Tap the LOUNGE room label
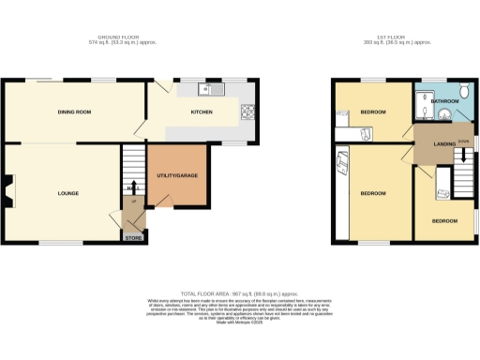(x=67, y=194)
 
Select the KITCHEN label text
(x=202, y=112)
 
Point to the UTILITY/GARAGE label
(x=175, y=175)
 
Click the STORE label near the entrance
(x=133, y=238)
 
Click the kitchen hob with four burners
(x=248, y=113)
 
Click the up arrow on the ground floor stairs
(x=134, y=185)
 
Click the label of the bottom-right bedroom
(x=444, y=220)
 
